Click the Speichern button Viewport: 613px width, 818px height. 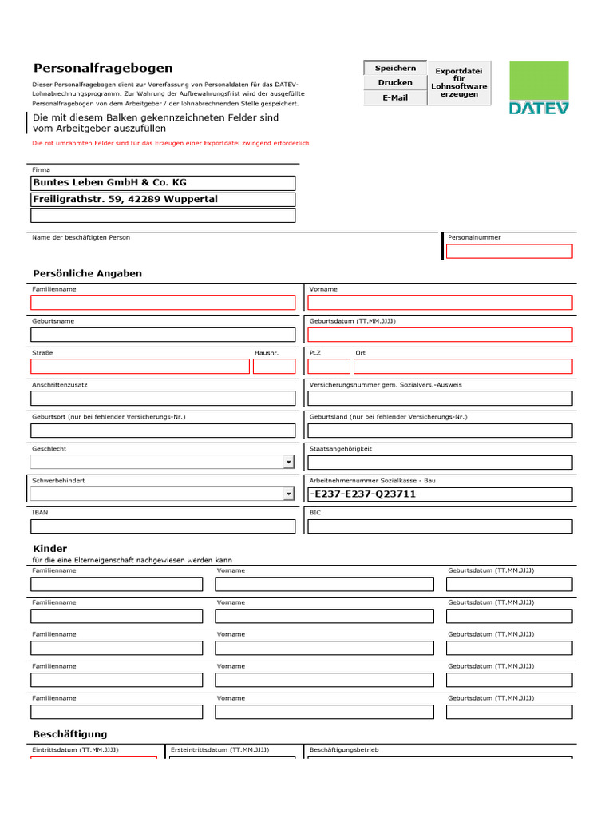395,69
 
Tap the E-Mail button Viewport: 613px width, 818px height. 395,97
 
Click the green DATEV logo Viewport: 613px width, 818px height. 539,88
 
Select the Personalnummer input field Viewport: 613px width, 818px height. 509,252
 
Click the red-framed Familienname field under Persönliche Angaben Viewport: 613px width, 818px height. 163,303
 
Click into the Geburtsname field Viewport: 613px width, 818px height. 163,335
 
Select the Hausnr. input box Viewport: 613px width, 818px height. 274,367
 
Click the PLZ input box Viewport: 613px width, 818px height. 329,367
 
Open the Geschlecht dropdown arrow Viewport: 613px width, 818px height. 288,463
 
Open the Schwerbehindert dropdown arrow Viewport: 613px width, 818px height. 288,494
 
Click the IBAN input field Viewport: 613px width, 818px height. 163,526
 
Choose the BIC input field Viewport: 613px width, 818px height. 440,526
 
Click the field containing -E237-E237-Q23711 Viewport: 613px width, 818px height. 440,494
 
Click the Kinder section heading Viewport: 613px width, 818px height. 49,549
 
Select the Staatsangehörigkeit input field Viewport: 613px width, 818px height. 440,463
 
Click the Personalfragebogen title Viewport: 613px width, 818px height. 102,69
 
